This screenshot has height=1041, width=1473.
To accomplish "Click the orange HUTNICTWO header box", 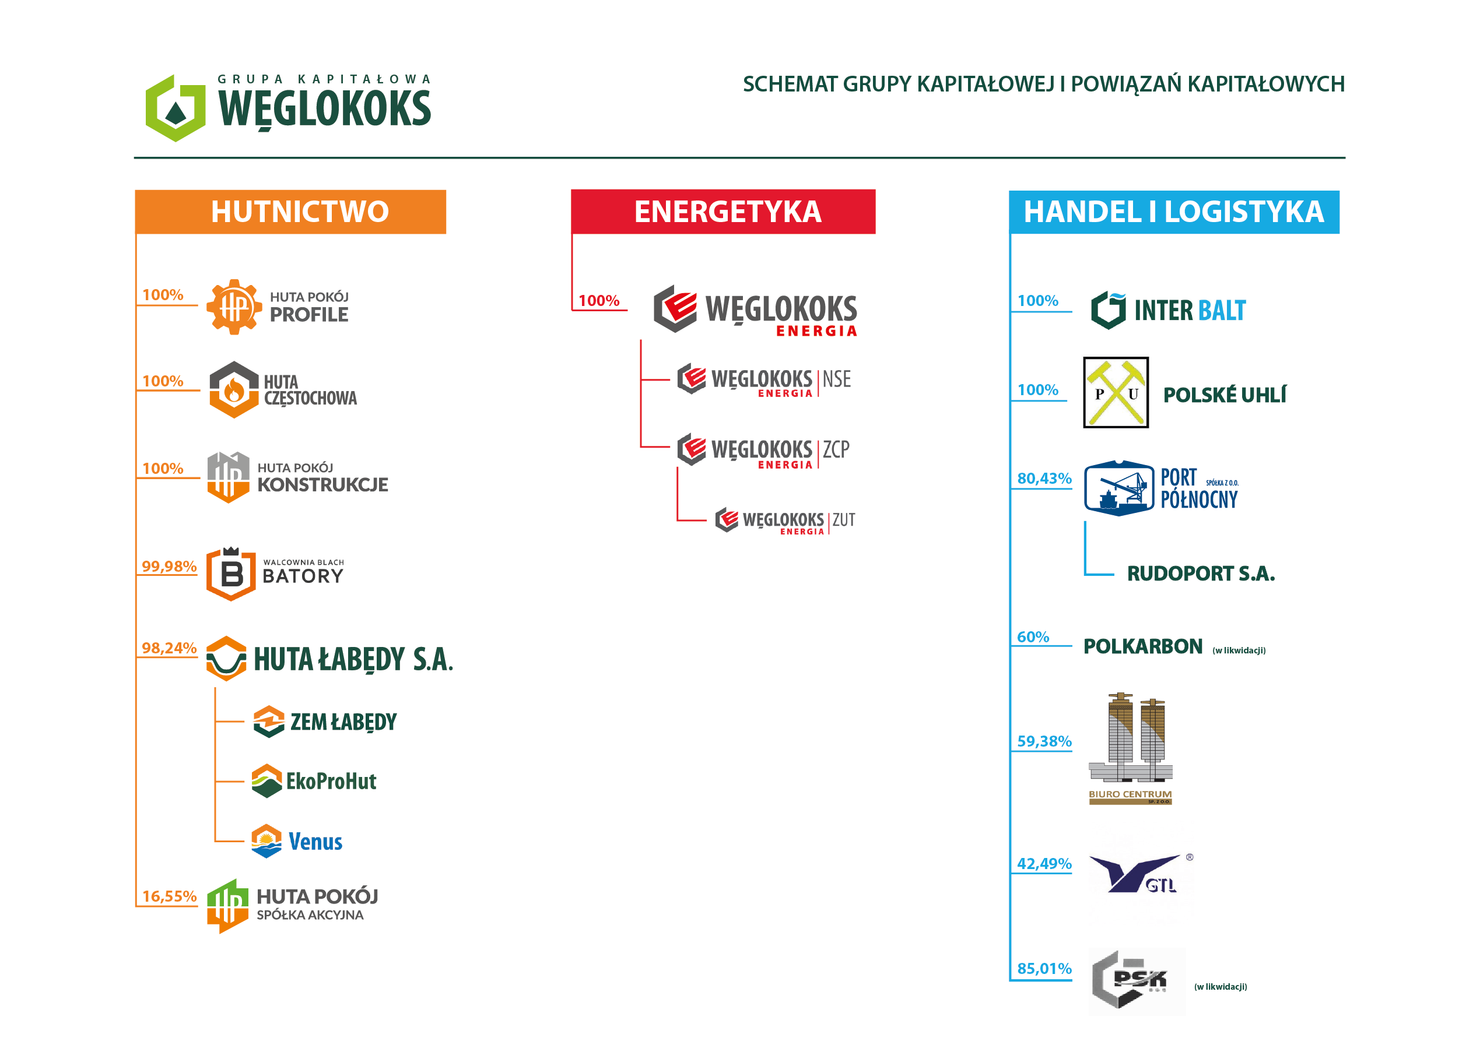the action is pyautogui.click(x=290, y=212).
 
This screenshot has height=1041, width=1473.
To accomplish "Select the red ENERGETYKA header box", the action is pyautogui.click(x=723, y=212).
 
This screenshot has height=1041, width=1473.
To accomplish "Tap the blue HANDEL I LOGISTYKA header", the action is pyautogui.click(x=1174, y=212).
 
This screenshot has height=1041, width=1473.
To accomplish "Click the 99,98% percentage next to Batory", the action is pyautogui.click(x=169, y=567).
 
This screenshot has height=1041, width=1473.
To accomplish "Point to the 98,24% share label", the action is pyautogui.click(x=169, y=648).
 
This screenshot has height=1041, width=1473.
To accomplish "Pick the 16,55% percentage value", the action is pyautogui.click(x=169, y=896).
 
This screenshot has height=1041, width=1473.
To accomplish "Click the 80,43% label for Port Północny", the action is pyautogui.click(x=1044, y=479).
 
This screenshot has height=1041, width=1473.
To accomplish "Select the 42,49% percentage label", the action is pyautogui.click(x=1044, y=864).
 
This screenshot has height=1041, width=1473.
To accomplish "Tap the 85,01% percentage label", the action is pyautogui.click(x=1044, y=969).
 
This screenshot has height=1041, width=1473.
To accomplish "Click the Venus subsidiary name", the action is pyautogui.click(x=315, y=842).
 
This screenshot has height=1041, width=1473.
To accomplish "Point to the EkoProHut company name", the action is pyautogui.click(x=331, y=781).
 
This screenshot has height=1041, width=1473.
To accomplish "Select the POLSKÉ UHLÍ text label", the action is pyautogui.click(x=1225, y=395).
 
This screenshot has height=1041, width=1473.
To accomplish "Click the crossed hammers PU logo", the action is pyautogui.click(x=1116, y=392).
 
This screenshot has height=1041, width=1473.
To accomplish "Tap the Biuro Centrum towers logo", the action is pyautogui.click(x=1131, y=748).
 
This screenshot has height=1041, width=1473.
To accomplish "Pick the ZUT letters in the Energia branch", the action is pyautogui.click(x=844, y=519).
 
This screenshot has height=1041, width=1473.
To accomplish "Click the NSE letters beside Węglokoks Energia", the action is pyautogui.click(x=837, y=379).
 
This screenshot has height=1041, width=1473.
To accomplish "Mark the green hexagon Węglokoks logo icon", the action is pyautogui.click(x=176, y=108).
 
